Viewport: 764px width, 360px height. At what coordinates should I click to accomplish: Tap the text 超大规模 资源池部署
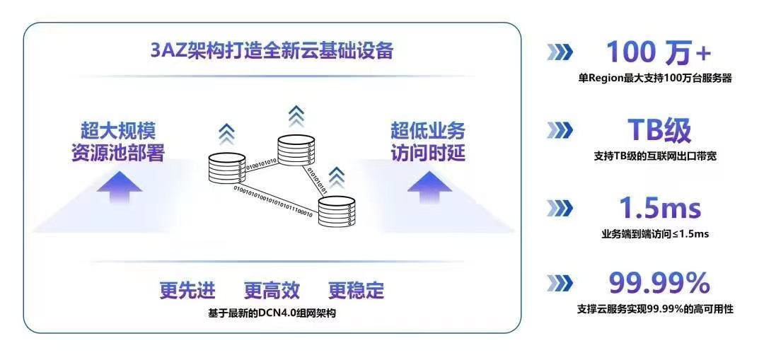117,141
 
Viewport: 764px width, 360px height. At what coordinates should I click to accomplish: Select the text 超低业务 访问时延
428,141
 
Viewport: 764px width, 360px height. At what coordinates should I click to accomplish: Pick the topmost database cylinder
295,149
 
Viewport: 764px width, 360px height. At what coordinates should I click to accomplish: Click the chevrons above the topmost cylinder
296,114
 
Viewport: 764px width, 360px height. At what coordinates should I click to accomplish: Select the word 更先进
187,291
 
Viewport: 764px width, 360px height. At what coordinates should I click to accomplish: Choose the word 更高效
272,291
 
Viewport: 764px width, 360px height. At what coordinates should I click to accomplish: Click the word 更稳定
356,291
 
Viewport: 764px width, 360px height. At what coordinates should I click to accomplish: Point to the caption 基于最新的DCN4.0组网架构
272,312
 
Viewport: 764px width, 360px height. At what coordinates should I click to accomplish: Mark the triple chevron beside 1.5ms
560,208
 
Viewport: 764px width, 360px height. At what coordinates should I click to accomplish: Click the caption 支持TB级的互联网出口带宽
655,156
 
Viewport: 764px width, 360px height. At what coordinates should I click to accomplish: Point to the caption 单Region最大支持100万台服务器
654,79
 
